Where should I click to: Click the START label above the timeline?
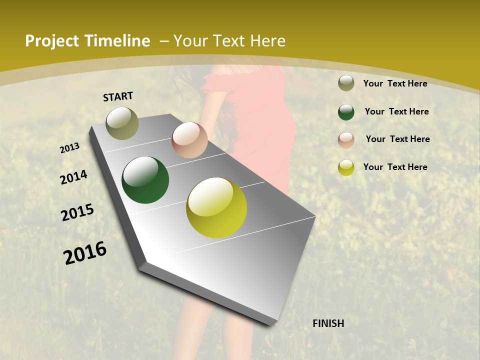click(118, 96)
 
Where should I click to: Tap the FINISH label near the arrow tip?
click(328, 323)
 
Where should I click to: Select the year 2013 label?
click(70, 147)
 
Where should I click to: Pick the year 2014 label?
click(73, 177)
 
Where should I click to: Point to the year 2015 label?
click(77, 212)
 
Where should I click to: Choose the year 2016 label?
click(85, 252)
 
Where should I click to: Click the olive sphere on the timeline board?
click(122, 123)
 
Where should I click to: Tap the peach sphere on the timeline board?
click(189, 140)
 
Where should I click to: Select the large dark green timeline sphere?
click(145, 180)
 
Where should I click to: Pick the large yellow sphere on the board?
click(216, 207)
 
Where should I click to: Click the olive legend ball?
click(346, 83)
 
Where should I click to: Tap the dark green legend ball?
click(346, 111)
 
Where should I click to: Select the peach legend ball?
click(346, 139)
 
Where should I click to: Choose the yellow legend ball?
click(346, 167)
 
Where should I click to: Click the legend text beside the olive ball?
click(395, 83)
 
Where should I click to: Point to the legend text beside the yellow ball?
click(395, 167)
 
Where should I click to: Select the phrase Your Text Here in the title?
click(229, 41)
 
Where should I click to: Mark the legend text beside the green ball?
click(396, 111)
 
